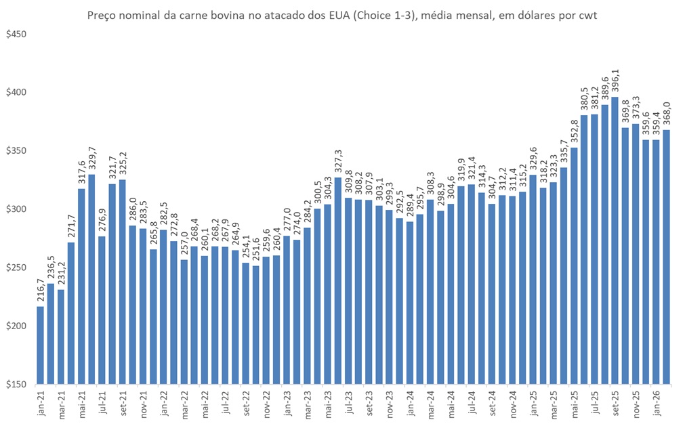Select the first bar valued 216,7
tap(41, 345)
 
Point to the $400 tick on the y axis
tap(16, 92)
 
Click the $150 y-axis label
tap(16, 385)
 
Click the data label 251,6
tap(256, 251)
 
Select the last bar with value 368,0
tap(667, 257)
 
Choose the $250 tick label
tap(16, 268)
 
